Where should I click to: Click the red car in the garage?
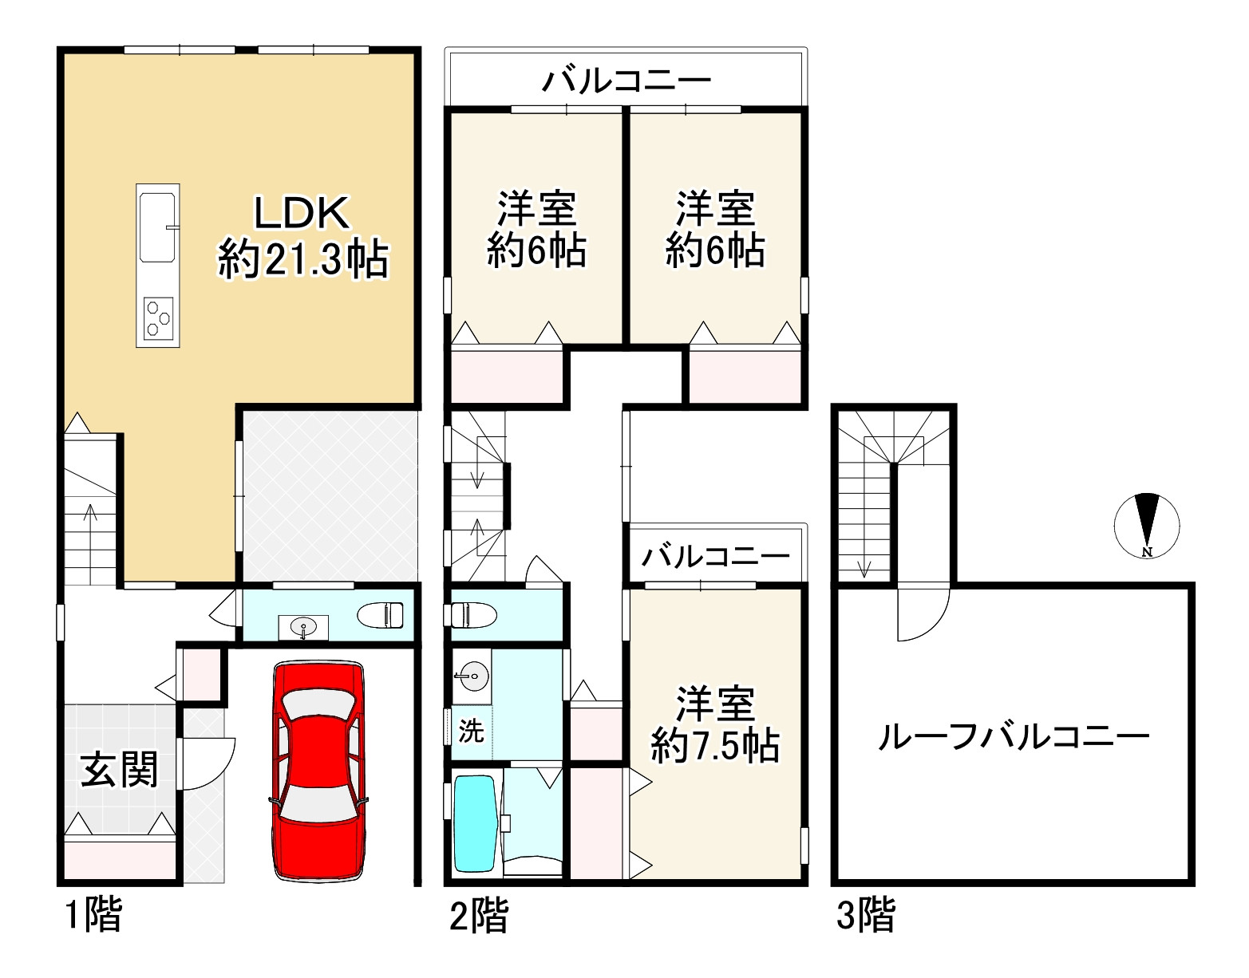(x=318, y=771)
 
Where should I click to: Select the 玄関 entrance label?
(x=120, y=770)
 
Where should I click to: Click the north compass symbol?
(x=1147, y=525)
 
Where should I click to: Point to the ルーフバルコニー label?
(x=1014, y=736)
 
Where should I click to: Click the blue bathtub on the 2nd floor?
(x=476, y=824)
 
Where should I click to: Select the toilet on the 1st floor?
(x=381, y=615)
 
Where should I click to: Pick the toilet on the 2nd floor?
(x=473, y=615)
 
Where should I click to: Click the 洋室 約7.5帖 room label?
(x=715, y=725)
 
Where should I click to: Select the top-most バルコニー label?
(x=626, y=81)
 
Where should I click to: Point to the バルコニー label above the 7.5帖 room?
(x=717, y=556)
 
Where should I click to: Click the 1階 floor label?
(x=93, y=915)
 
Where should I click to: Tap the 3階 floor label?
(x=866, y=915)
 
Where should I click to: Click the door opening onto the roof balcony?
(x=923, y=613)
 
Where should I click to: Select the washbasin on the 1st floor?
(x=303, y=628)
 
